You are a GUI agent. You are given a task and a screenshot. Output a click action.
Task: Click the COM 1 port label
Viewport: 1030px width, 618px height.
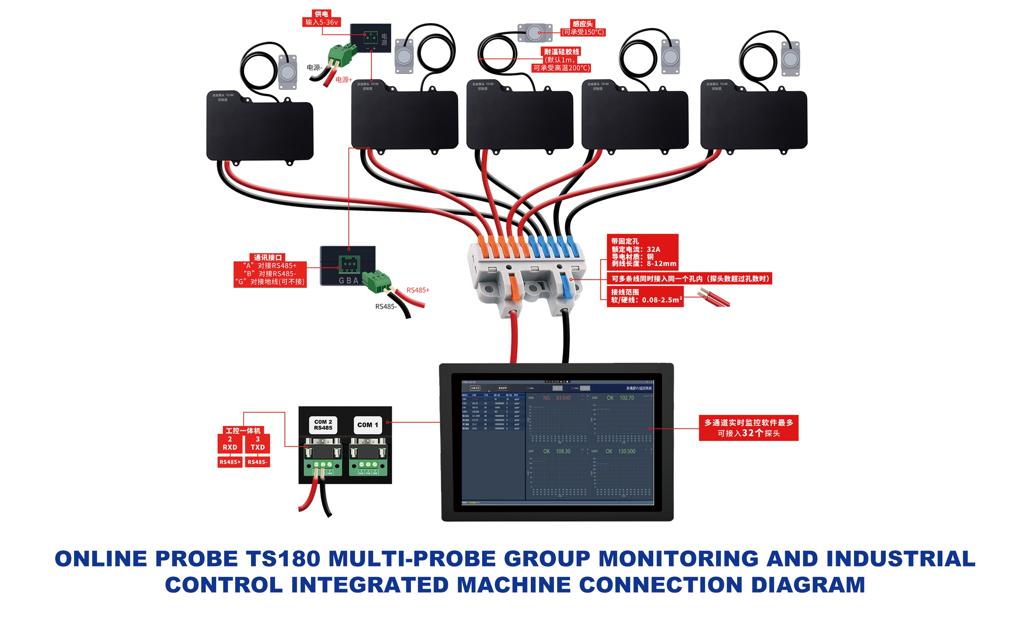click(368, 425)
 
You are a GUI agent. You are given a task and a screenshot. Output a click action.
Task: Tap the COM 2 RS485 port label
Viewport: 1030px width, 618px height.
click(323, 425)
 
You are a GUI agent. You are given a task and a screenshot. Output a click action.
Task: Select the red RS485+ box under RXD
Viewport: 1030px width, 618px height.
click(230, 462)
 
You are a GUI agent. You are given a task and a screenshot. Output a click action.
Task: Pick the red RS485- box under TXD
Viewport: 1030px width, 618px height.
click(257, 462)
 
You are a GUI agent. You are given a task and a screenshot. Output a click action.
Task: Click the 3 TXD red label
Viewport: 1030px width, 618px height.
click(257, 444)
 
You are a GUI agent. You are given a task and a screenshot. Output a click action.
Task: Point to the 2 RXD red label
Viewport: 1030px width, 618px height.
click(230, 444)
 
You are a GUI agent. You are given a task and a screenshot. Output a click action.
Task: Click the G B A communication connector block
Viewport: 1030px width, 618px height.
click(348, 266)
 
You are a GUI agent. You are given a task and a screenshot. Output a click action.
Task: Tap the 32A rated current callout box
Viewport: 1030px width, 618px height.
click(642, 252)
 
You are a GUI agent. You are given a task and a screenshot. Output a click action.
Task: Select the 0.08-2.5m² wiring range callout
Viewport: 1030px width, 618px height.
click(645, 296)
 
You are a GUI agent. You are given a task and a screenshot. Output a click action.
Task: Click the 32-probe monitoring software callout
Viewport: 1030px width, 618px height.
click(748, 428)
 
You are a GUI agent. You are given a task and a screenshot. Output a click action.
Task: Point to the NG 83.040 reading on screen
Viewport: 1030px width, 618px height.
click(556, 398)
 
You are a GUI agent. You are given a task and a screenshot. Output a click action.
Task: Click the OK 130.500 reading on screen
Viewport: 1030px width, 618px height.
click(620, 451)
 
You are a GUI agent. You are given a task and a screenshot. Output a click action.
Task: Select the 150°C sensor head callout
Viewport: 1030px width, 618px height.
click(582, 28)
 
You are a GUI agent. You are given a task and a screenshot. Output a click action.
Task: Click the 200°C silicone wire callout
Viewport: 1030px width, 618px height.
click(561, 60)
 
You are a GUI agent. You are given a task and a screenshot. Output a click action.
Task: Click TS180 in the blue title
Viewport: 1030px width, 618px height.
click(283, 558)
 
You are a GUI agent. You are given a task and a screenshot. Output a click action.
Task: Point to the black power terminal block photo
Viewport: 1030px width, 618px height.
click(370, 38)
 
